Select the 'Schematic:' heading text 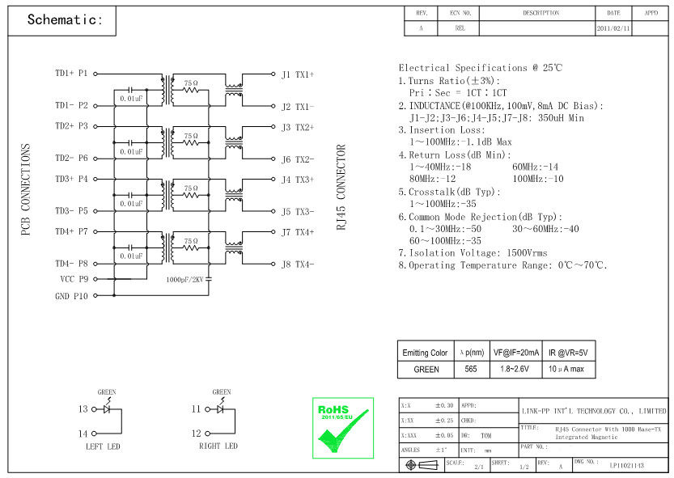pos(66,20)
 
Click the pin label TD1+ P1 pos(71,74)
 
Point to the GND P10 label pos(72,295)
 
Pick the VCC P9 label pos(74,279)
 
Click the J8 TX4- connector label pos(297,264)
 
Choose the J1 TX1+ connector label pos(297,75)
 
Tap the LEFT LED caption pos(103,446)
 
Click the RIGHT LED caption pos(218,446)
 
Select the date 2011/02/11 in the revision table pos(613,27)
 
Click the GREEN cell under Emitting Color pos(426,369)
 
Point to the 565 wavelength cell pos(471,369)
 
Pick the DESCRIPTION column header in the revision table pos(540,13)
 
